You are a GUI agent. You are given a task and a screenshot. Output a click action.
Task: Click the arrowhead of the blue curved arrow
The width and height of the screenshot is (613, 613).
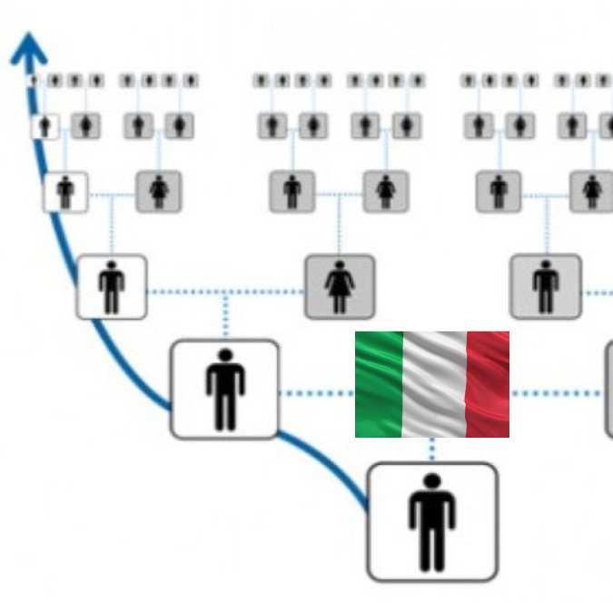[x=29, y=49]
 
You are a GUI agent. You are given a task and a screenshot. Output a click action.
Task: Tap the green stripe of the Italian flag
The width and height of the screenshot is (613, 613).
[x=379, y=384]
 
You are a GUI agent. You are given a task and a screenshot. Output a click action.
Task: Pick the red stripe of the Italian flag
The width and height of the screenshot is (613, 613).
[x=488, y=384]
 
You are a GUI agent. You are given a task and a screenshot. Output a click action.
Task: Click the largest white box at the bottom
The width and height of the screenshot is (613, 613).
[x=432, y=521]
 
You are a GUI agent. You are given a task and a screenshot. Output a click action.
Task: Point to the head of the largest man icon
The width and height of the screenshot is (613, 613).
[x=432, y=482]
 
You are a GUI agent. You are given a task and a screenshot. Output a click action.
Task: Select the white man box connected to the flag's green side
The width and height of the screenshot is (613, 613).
[x=224, y=390]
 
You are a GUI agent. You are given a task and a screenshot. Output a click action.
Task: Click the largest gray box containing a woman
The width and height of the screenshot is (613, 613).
[x=340, y=287]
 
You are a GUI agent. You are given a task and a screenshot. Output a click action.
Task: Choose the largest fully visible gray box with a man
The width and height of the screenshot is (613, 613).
[x=545, y=287]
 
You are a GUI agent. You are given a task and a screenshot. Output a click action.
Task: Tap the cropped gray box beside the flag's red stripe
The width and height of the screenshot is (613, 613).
[x=608, y=391]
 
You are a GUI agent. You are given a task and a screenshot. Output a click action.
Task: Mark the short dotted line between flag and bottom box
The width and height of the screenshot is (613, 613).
[x=432, y=450]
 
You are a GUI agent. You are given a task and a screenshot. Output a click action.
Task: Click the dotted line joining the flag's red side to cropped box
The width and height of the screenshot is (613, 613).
[x=557, y=393]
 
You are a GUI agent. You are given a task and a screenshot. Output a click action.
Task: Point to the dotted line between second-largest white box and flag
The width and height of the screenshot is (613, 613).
[x=316, y=393]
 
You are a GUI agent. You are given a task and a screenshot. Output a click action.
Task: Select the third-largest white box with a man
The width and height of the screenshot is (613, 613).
[x=112, y=287]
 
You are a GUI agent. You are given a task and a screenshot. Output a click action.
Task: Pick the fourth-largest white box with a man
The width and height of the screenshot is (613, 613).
[x=65, y=193]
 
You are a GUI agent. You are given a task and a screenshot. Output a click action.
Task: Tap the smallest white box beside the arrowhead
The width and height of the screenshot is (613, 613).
[x=44, y=125]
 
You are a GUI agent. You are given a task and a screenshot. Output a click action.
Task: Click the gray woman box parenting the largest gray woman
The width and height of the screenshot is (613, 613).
[x=386, y=192]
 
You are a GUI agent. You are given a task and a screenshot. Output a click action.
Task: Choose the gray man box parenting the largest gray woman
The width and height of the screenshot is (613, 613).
[x=292, y=192]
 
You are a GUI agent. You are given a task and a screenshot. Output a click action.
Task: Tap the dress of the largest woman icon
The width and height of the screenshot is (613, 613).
[x=340, y=289]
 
